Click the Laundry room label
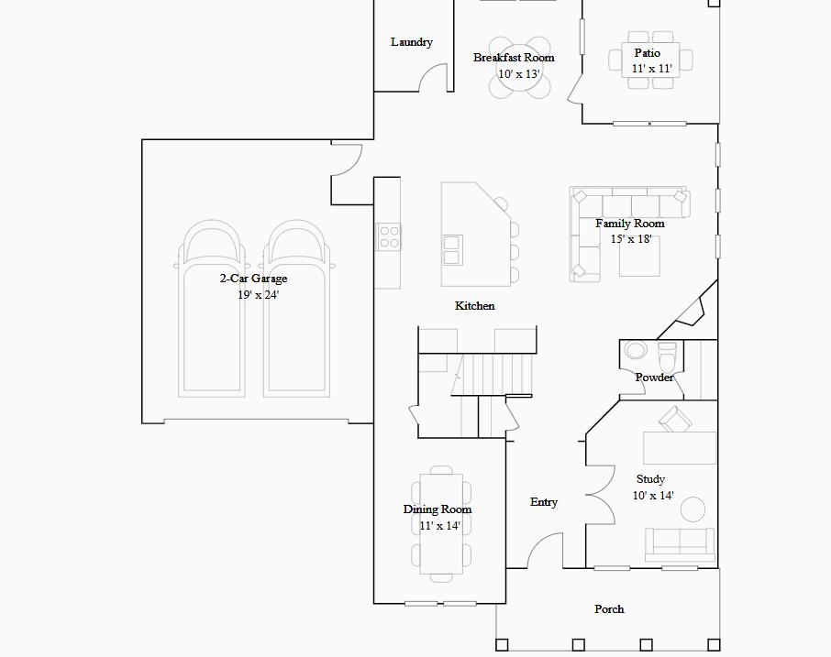[411, 42]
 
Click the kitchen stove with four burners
[388, 237]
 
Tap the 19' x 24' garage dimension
[258, 295]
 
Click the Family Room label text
[629, 224]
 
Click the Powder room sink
[635, 350]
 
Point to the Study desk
[679, 448]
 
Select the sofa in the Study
[680, 544]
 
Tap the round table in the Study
[692, 509]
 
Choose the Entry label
[544, 502]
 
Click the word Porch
[609, 609]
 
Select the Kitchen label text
[474, 306]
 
